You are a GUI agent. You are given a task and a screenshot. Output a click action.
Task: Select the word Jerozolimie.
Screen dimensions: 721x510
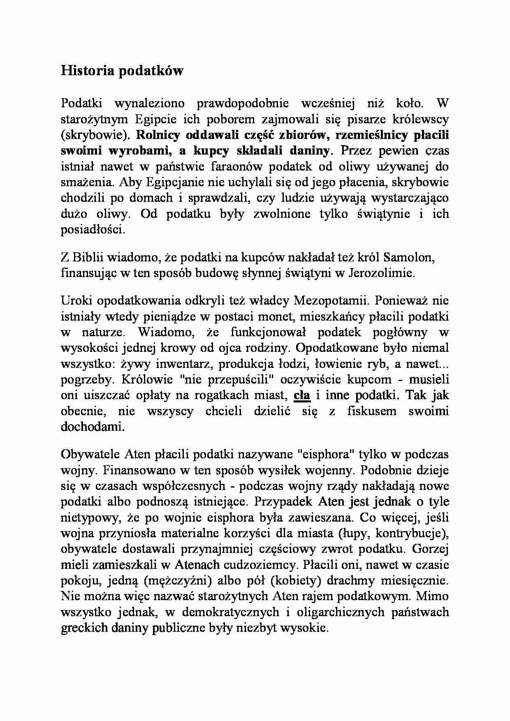pos(381,273)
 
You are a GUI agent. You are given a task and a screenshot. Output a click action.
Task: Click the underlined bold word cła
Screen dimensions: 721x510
pos(301,395)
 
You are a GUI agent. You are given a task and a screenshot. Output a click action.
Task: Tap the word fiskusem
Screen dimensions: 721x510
pos(373,411)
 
